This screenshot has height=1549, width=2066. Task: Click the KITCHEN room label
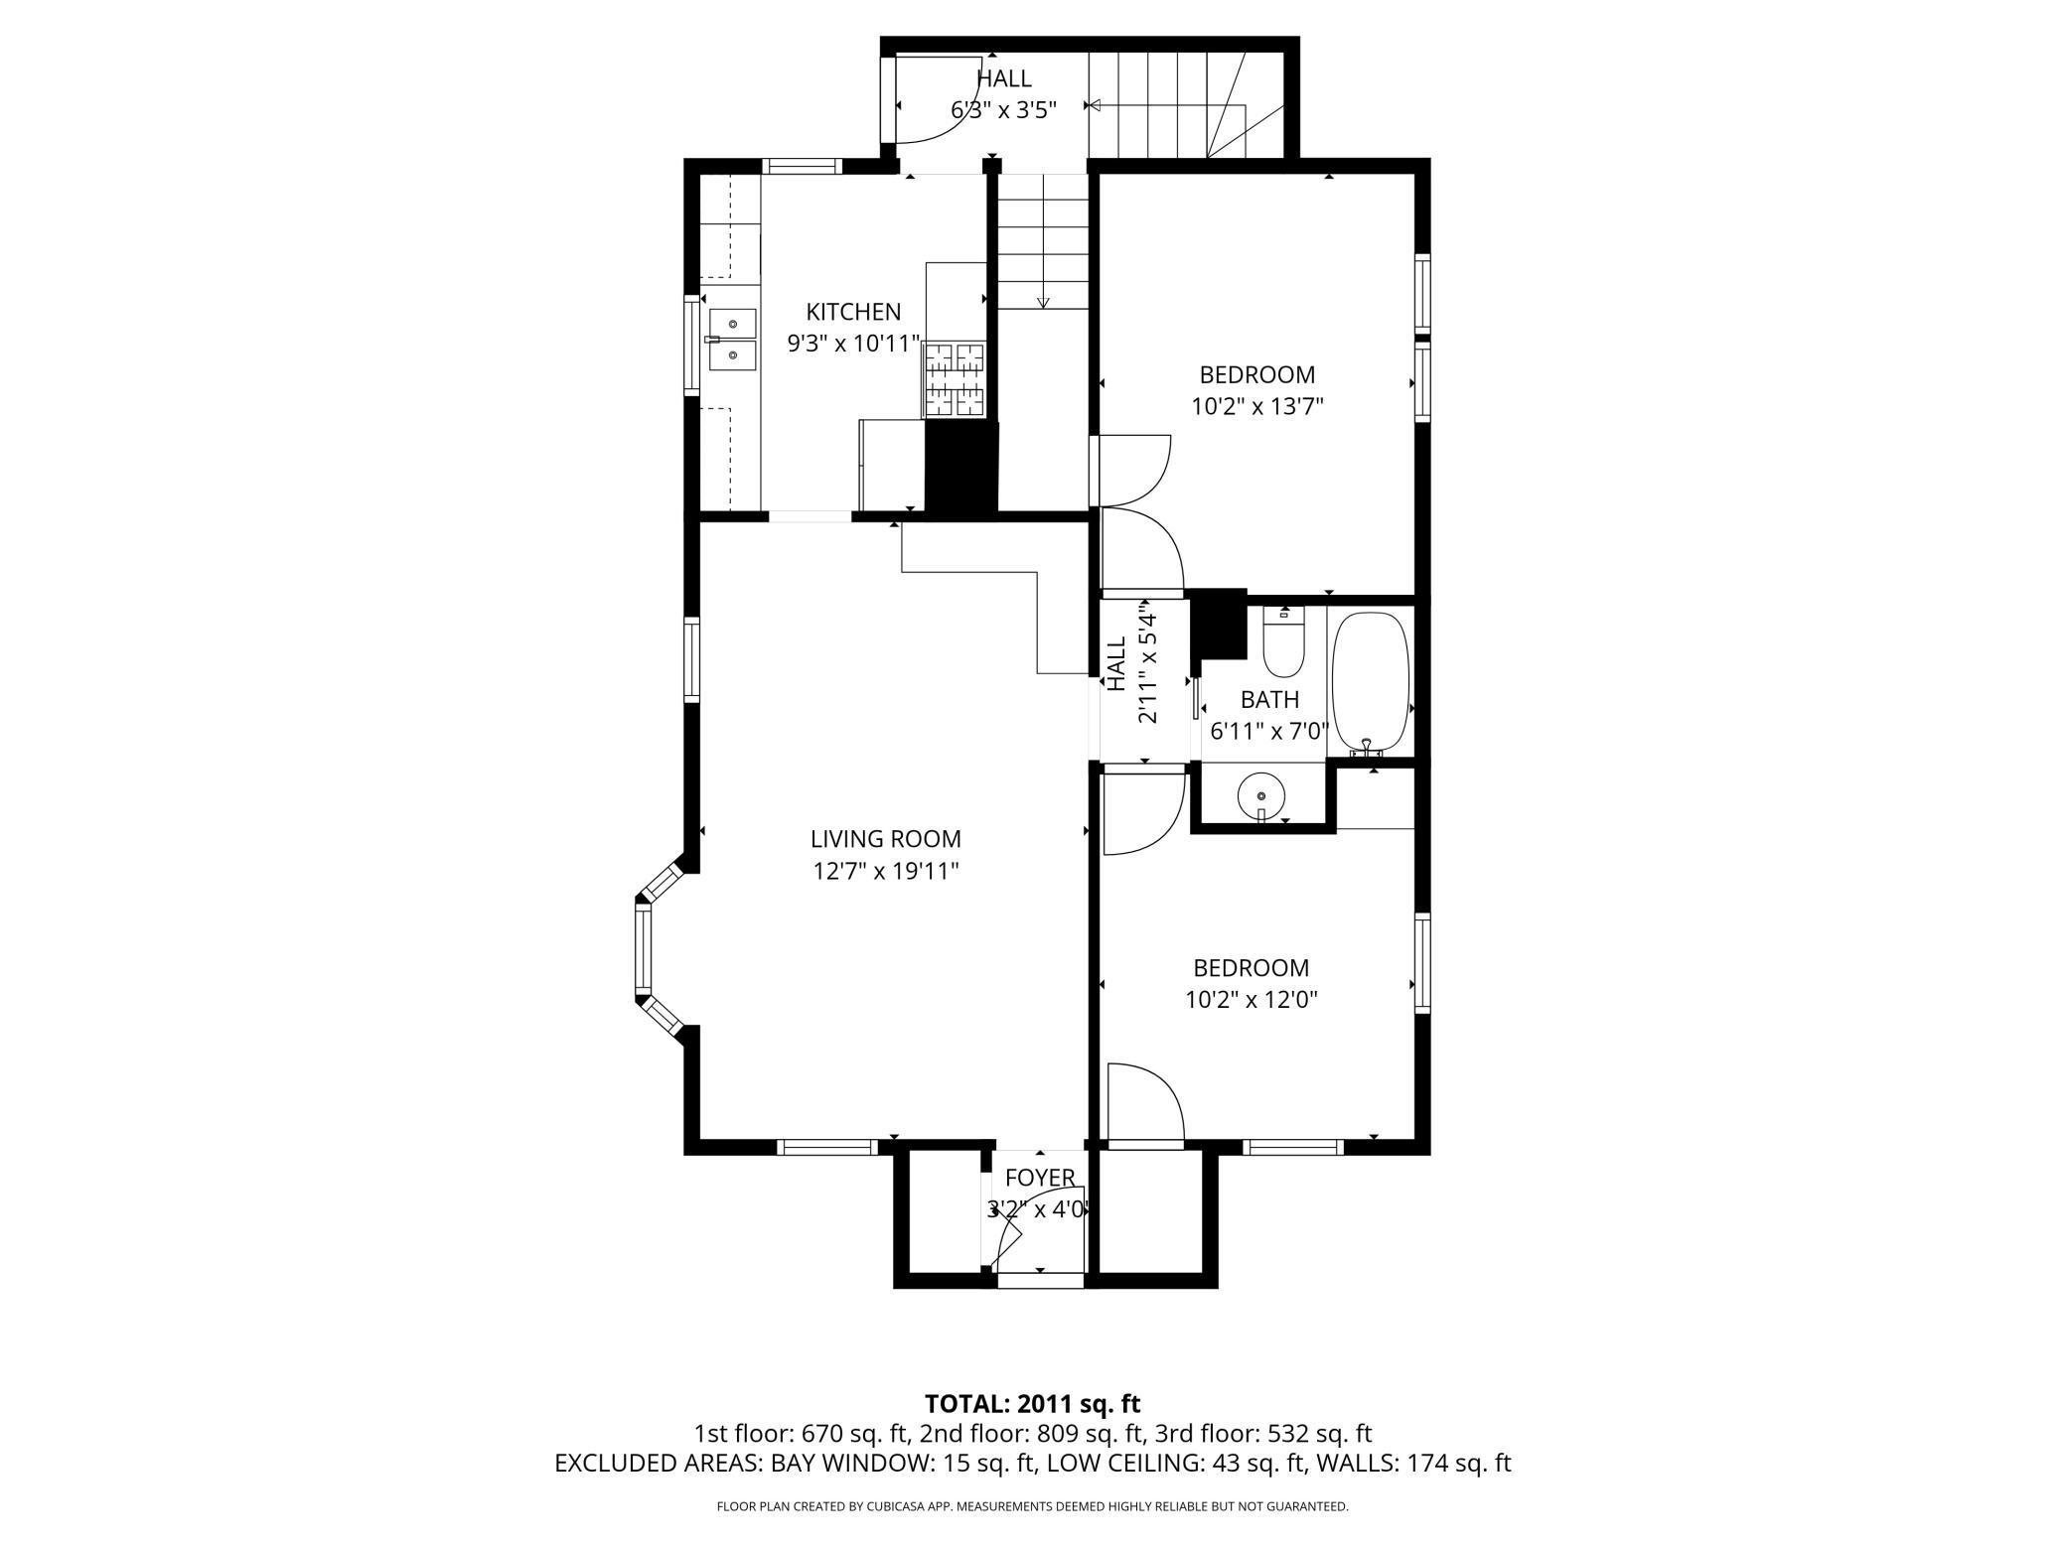tap(853, 312)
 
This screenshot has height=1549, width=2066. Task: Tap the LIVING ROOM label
tap(886, 839)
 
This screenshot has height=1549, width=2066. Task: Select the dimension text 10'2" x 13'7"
tap(1257, 406)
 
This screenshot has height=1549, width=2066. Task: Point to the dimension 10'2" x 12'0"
tap(1252, 999)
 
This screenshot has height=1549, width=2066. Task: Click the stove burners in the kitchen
tap(955, 379)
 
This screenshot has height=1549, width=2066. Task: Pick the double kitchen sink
tap(731, 339)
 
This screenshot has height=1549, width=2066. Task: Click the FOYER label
tap(1040, 1178)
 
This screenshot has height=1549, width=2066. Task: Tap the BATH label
tap(1269, 700)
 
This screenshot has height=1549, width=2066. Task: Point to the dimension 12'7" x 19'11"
tap(886, 872)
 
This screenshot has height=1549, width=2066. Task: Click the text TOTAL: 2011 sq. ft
tap(1033, 1404)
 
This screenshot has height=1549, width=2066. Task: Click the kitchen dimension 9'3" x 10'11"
tap(854, 345)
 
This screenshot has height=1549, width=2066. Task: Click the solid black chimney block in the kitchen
tap(960, 469)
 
